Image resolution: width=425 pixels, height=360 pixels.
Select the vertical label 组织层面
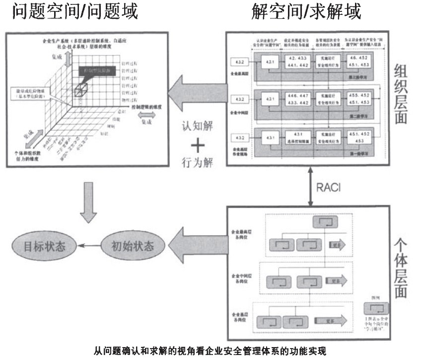[x=401, y=94]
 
